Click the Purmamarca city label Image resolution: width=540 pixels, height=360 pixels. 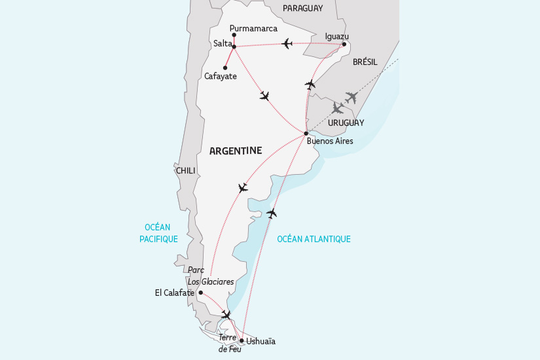click(x=255, y=28)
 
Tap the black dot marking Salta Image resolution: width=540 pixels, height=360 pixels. click(x=234, y=46)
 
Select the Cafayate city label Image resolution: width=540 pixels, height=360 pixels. click(x=220, y=77)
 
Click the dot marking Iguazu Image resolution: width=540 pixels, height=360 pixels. click(x=344, y=45)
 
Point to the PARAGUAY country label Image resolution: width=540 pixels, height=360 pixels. click(x=303, y=8)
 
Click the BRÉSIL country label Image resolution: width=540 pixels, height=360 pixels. click(x=365, y=62)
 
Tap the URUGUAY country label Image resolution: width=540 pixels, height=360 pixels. click(x=347, y=122)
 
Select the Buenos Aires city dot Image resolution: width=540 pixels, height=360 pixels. click(x=306, y=134)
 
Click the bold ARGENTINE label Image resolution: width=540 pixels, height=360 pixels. click(x=235, y=151)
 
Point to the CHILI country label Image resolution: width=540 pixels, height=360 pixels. click(x=186, y=170)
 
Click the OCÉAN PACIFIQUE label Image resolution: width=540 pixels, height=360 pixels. click(x=158, y=233)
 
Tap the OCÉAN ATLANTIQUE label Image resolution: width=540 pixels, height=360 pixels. click(x=314, y=239)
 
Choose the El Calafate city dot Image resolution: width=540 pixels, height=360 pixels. click(x=200, y=293)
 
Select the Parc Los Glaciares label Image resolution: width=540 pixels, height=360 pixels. click(x=210, y=276)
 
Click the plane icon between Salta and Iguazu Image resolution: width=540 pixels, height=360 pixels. click(x=287, y=44)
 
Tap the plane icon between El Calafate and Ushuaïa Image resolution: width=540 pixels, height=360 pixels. click(x=226, y=315)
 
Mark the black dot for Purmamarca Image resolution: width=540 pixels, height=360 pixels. click(x=234, y=35)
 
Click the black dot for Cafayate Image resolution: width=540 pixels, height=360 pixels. click(x=225, y=67)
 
